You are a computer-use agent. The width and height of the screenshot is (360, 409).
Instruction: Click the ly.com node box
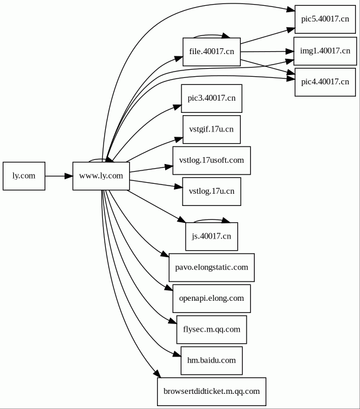tap(24, 176)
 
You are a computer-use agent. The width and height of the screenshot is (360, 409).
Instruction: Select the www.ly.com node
tap(101, 176)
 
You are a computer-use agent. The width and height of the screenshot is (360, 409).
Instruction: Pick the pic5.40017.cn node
tap(325, 19)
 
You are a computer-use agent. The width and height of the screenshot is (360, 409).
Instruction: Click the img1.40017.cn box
tap(325, 51)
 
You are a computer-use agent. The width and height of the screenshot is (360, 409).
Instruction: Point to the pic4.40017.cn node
tap(325, 82)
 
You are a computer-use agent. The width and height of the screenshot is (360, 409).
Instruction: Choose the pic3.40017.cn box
tap(211, 98)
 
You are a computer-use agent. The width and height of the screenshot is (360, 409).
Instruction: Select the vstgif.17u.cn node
tap(211, 129)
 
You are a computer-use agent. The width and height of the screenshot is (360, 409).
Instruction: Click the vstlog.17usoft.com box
tap(211, 160)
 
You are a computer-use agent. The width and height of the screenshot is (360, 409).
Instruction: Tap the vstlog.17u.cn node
tap(211, 191)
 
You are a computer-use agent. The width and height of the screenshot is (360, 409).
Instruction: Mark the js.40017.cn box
tap(211, 236)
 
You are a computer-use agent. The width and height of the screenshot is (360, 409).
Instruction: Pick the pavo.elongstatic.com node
tap(211, 268)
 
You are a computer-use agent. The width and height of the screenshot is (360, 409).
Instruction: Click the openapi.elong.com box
tap(211, 298)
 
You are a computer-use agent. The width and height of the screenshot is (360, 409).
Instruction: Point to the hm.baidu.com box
tap(211, 361)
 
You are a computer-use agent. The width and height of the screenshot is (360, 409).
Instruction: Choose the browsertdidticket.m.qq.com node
tap(211, 392)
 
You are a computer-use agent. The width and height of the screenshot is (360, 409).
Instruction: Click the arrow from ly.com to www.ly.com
tap(58, 176)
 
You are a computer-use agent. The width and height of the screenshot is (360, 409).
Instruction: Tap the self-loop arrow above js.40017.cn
tap(212, 220)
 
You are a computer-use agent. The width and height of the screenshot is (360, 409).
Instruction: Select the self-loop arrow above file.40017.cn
tap(212, 35)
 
